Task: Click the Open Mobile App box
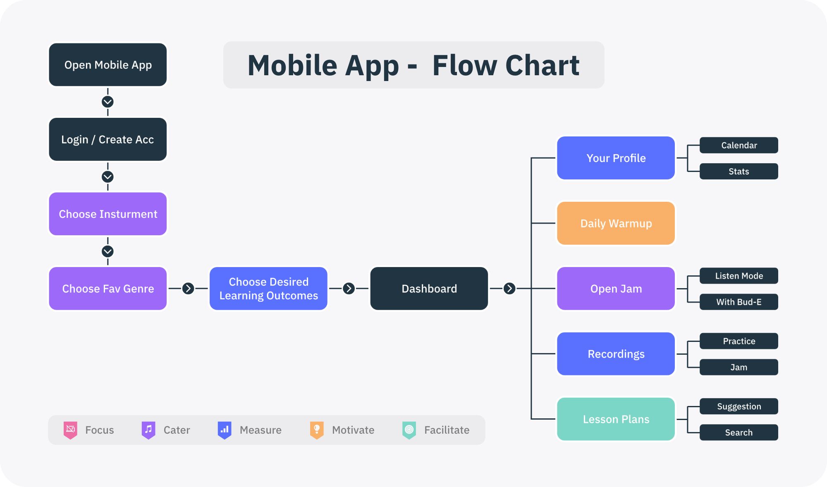[x=108, y=65]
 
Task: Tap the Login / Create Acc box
[x=108, y=139]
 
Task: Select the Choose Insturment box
[x=108, y=214]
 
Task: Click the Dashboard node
[x=429, y=289]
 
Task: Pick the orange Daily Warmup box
[x=616, y=223]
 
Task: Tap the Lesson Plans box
[x=616, y=419]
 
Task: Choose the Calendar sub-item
[x=739, y=145]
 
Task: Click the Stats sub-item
[x=739, y=171]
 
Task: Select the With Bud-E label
[x=739, y=302]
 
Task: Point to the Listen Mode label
[x=739, y=276]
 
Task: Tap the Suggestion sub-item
[x=739, y=406]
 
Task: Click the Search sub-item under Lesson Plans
[x=739, y=432]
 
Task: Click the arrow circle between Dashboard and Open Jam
[x=509, y=289]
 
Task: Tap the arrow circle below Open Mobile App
[x=108, y=102]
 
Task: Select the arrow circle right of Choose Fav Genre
[x=188, y=289]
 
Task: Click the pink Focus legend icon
[x=70, y=430]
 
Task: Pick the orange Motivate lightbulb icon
[x=317, y=430]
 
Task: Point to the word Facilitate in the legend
[x=447, y=430]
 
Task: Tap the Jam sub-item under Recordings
[x=739, y=367]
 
